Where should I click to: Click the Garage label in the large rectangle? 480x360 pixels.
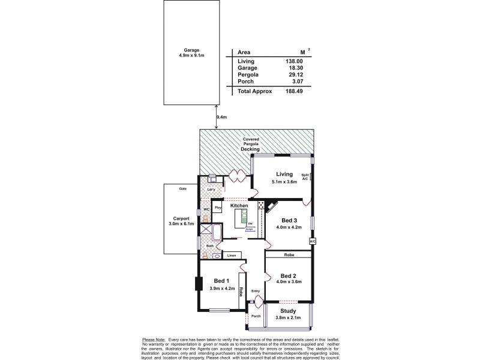(x=191, y=50)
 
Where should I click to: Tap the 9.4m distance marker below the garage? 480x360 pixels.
(x=221, y=118)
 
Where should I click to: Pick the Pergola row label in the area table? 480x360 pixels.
(x=247, y=74)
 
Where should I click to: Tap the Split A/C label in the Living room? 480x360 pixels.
(x=305, y=177)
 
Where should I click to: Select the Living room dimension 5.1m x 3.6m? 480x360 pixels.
(x=284, y=181)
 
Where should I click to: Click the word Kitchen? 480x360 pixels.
(x=239, y=205)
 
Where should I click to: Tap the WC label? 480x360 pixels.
(x=205, y=209)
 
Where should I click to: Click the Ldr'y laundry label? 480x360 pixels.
(x=211, y=190)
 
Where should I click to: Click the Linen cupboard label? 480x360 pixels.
(x=231, y=256)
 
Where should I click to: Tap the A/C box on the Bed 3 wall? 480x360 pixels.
(x=312, y=241)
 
